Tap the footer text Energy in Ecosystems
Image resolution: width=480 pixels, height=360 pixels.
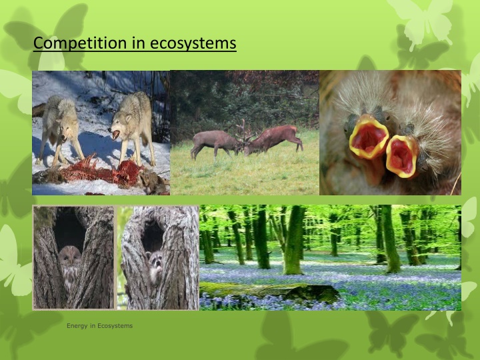click(x=99, y=326)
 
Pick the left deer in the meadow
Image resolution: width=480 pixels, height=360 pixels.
click(x=212, y=141)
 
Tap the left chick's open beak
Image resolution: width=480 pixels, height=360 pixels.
click(x=367, y=137)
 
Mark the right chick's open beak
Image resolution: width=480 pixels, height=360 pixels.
click(x=401, y=156)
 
